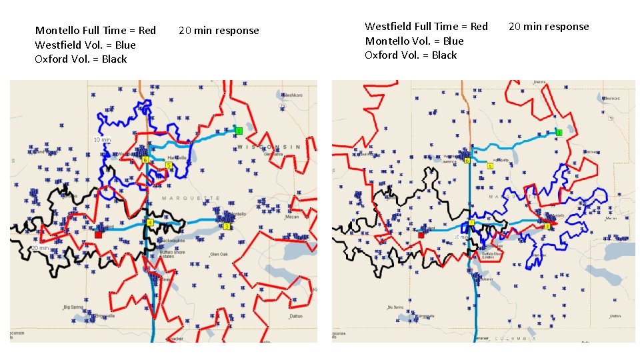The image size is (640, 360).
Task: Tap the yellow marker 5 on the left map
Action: pos(169,165)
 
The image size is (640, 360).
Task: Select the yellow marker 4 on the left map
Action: pos(151,222)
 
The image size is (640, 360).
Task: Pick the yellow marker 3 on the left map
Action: pos(227,227)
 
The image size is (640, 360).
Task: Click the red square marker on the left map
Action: pos(98,235)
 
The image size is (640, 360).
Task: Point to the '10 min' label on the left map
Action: pos(102,140)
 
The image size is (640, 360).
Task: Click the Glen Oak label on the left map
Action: pos(219,255)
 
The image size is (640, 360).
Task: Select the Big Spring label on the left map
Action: pos(73,307)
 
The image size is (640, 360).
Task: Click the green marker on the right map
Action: pos(559,133)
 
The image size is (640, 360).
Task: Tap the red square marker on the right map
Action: pos(421,235)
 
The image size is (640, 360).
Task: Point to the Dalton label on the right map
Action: pos(614,316)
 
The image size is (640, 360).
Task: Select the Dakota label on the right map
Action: pos(539,83)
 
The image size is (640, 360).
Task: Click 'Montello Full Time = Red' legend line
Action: pos(95,30)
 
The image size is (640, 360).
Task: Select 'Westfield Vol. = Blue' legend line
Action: pos(85,45)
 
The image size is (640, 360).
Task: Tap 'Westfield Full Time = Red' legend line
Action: pos(426,27)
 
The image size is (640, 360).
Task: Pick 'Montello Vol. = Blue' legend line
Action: pos(414,41)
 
